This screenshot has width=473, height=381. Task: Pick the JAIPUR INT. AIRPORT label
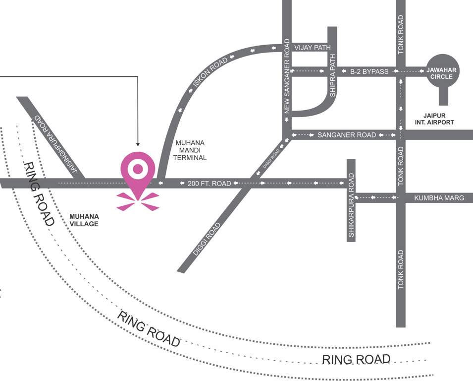[x=435, y=118]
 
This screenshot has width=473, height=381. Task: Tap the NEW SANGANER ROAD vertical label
[x=286, y=79]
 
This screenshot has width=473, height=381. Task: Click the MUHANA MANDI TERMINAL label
[x=191, y=150]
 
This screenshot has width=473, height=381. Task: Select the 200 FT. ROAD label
[x=209, y=184]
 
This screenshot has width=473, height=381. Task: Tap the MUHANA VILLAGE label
[x=84, y=220]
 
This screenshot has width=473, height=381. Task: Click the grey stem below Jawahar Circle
[x=443, y=97]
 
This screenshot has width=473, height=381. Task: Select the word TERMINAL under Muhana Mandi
[x=191, y=158]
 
